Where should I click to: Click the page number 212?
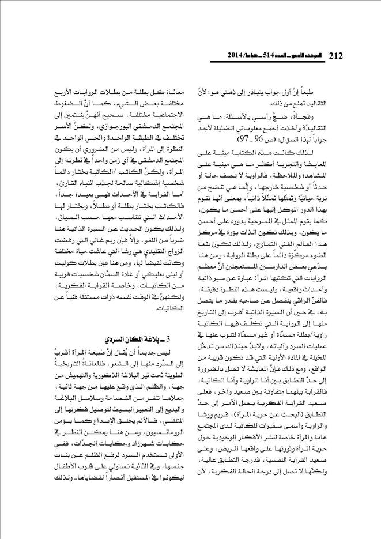[335, 55]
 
